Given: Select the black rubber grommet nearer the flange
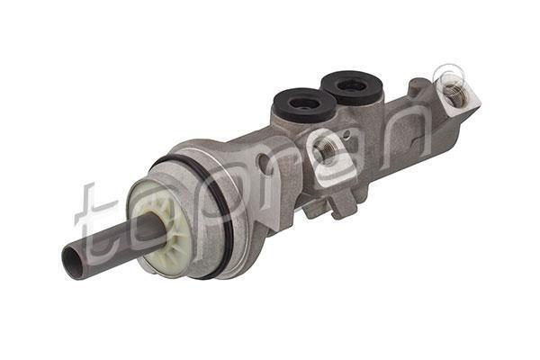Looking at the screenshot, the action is point(304,103).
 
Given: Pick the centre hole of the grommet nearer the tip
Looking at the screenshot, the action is point(351,85).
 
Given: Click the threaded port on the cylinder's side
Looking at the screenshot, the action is point(326,150).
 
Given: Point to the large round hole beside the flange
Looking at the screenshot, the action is point(264,160).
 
